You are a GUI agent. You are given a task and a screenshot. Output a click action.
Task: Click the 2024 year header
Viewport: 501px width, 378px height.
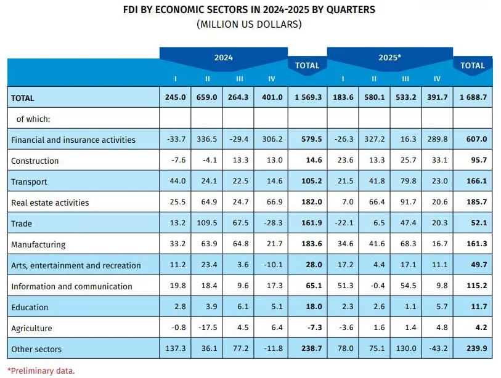click(223, 58)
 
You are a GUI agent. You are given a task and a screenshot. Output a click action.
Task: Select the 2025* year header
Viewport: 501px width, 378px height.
click(389, 58)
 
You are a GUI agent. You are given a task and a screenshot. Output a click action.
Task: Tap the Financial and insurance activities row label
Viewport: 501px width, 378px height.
click(73, 140)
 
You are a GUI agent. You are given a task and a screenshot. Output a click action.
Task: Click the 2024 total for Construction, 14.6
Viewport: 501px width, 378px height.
click(308, 161)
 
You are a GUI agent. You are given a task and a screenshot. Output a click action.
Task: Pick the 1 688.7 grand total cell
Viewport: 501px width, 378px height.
click(473, 97)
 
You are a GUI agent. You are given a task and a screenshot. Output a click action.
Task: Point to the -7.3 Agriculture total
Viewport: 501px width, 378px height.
click(308, 328)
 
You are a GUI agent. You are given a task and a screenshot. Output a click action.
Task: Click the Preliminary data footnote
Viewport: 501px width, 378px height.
click(41, 371)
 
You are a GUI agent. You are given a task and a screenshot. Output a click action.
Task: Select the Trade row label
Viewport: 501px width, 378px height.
click(22, 223)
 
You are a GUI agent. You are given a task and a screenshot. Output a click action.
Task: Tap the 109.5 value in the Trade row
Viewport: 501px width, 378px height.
click(207, 223)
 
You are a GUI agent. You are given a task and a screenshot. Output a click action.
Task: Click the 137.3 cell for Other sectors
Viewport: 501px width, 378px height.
click(175, 349)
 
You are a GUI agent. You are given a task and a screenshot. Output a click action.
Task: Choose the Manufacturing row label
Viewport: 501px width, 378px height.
click(38, 244)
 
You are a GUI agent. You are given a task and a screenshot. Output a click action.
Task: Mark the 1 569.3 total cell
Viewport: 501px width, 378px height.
click(308, 97)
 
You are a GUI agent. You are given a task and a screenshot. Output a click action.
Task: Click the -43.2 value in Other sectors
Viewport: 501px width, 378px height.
click(437, 349)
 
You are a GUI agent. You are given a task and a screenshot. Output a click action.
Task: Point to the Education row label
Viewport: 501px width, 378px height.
click(30, 307)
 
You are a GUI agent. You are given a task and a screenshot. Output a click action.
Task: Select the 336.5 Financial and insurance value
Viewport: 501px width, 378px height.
click(207, 140)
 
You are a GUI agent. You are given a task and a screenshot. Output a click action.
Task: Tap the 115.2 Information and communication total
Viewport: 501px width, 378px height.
click(473, 286)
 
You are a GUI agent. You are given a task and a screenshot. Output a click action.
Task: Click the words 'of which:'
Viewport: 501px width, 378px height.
click(33, 119)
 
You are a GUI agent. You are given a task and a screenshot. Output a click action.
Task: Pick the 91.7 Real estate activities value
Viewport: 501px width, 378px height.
click(405, 203)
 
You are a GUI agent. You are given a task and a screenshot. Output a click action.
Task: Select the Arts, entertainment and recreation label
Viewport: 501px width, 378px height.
click(76, 265)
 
